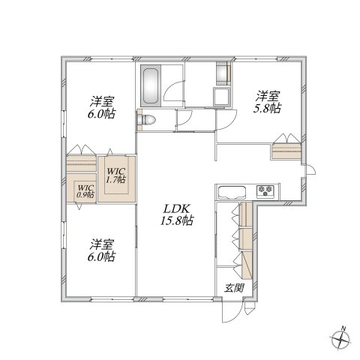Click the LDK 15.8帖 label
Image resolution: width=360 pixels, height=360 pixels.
[x=177, y=214]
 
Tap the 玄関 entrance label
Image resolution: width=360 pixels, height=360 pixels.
[x=234, y=289]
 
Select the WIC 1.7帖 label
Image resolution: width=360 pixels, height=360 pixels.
[x=116, y=175]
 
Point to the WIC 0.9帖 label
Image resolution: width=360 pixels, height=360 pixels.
[x=85, y=191]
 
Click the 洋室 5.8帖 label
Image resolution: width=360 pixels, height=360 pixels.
[x=267, y=102]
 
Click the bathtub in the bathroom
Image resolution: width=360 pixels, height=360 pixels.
[x=151, y=85]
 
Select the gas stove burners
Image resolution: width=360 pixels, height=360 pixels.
[x=265, y=190]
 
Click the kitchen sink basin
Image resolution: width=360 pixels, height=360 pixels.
[x=231, y=192]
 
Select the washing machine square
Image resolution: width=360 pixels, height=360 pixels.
[x=221, y=96]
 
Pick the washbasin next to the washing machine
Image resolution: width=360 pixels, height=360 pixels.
[x=223, y=73]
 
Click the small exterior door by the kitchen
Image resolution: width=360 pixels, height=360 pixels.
[x=310, y=170]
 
